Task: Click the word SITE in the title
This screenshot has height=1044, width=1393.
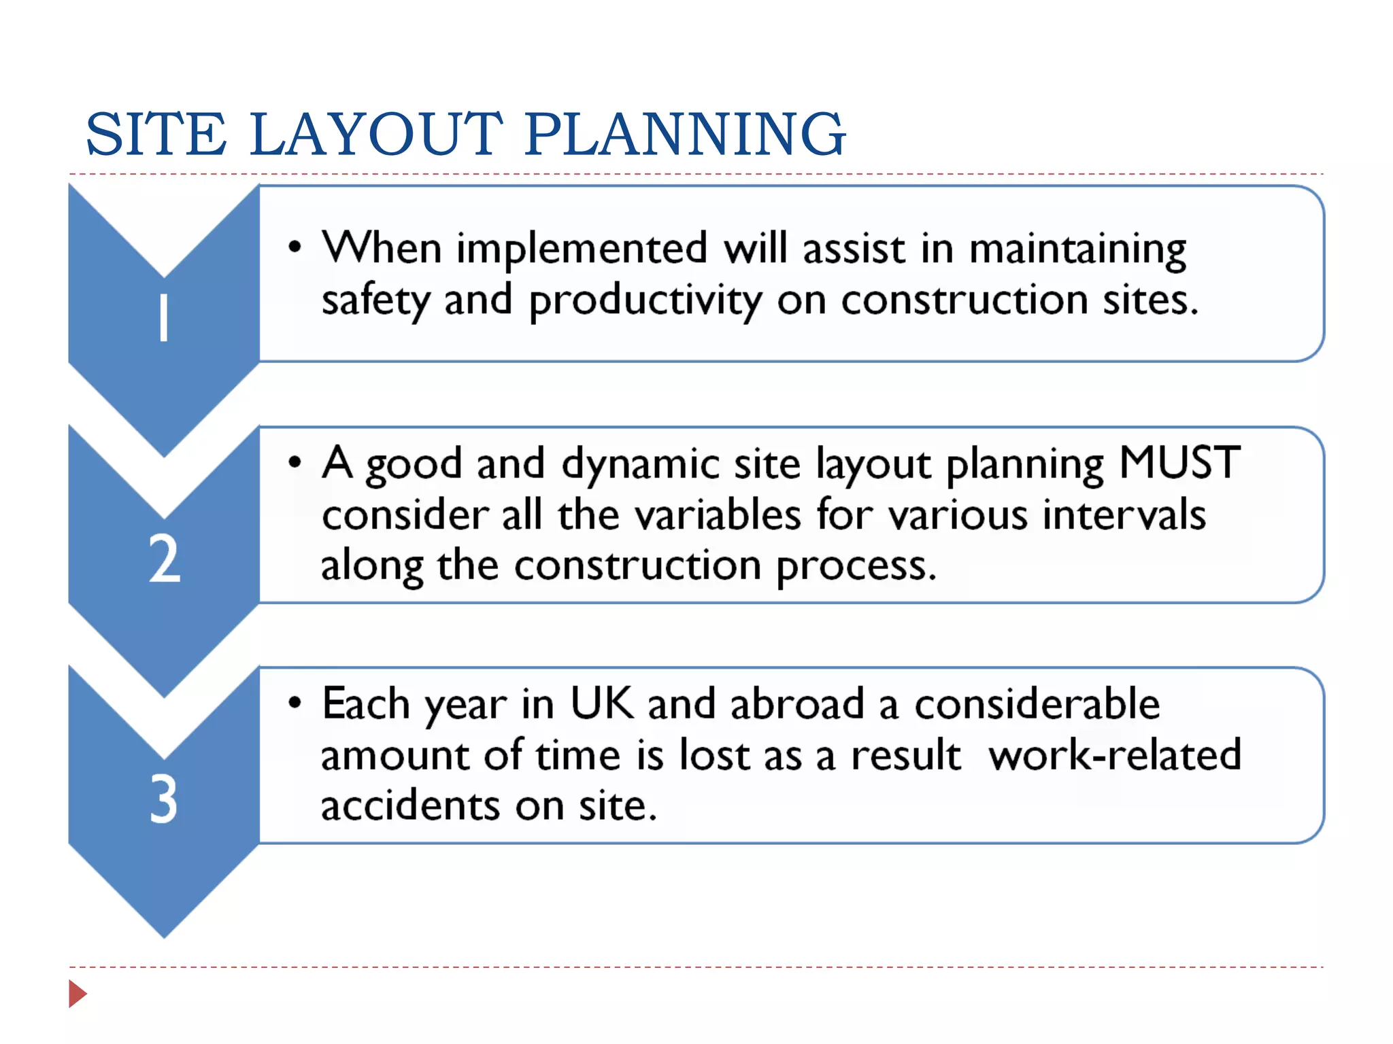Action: [x=156, y=135]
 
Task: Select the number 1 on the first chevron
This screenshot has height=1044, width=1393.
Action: [x=164, y=317]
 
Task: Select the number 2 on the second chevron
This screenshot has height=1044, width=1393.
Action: [x=165, y=559]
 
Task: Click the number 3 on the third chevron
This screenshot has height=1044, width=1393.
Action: [x=164, y=799]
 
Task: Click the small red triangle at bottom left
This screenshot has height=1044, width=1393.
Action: [x=78, y=994]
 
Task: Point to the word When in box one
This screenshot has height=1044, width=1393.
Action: [x=382, y=247]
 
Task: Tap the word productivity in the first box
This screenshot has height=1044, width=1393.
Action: [x=645, y=301]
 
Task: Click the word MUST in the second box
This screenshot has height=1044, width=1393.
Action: [x=1179, y=463]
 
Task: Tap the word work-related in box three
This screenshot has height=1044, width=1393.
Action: [x=1115, y=755]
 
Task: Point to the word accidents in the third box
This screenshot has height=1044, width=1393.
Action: [x=410, y=806]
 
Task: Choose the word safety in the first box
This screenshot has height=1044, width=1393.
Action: [x=375, y=301]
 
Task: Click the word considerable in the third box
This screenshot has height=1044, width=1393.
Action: [x=1037, y=703]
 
